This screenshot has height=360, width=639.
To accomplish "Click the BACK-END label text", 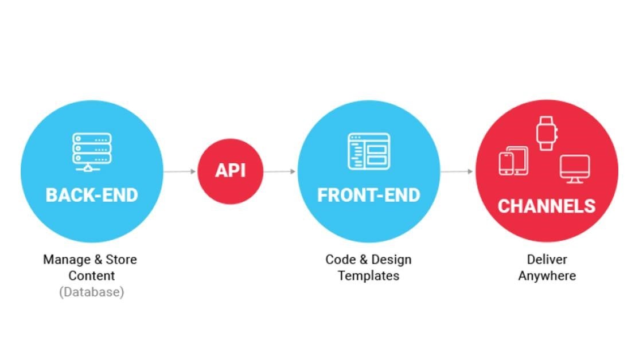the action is (92, 195).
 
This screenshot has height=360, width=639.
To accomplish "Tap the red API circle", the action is (231, 171).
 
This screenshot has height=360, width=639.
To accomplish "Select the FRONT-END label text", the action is (369, 195).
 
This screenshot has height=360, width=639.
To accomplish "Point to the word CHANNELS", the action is (547, 206).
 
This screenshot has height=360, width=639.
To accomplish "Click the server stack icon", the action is (92, 152).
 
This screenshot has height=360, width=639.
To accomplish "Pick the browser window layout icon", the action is (369, 151).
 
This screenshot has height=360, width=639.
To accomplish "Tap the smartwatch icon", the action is (547, 134).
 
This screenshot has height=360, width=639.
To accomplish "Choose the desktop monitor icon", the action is (575, 169).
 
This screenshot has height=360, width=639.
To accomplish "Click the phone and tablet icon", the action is (513, 161).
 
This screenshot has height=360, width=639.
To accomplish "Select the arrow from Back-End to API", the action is (180, 171).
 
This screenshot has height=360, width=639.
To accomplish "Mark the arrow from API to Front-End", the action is (279, 171).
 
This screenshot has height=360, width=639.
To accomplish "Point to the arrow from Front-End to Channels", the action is (457, 171).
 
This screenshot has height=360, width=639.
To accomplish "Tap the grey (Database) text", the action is (92, 292).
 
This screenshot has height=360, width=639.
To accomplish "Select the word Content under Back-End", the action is (92, 276).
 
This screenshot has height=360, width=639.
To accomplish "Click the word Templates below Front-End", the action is (368, 276).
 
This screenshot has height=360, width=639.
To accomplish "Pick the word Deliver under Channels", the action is (547, 260).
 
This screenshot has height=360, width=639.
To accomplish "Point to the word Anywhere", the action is (547, 276).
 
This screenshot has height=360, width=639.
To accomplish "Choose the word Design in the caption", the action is (391, 260).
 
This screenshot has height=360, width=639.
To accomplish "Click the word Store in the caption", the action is (122, 260).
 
